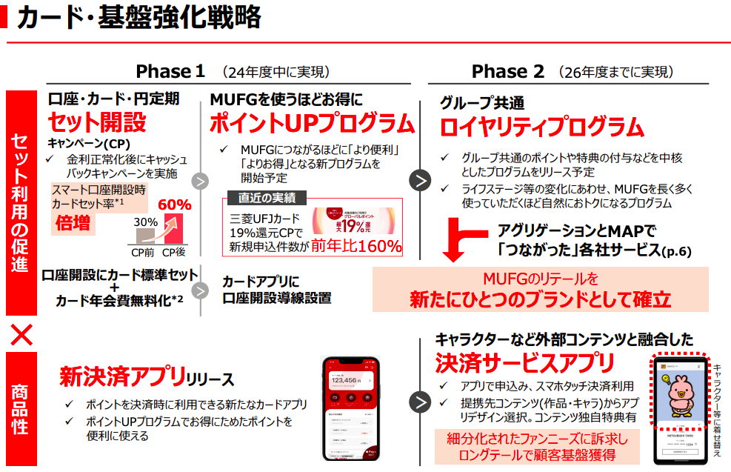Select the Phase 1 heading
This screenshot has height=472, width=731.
(x=170, y=72)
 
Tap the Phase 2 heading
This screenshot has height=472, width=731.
(x=507, y=72)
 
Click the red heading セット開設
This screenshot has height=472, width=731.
(x=97, y=122)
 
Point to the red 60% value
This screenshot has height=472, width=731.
(x=175, y=205)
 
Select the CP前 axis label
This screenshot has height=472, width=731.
(x=144, y=252)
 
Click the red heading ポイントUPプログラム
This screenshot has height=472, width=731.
(x=311, y=123)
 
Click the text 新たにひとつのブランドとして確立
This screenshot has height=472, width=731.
(x=540, y=299)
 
